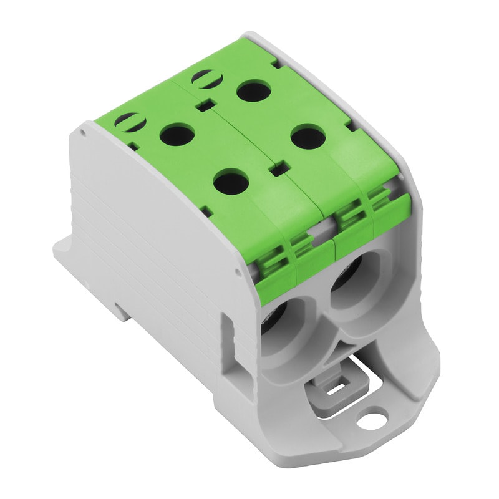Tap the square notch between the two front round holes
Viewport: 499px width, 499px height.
point(278,167)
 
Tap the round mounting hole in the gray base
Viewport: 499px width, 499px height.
point(374,414)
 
